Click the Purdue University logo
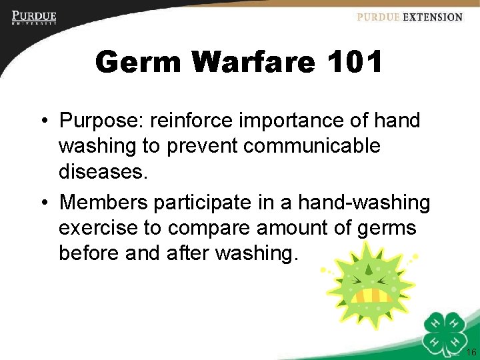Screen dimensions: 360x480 click(33, 17)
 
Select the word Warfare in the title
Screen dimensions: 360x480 click(253, 63)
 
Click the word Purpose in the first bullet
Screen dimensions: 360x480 click(99, 121)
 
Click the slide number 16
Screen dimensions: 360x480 click(471, 352)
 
